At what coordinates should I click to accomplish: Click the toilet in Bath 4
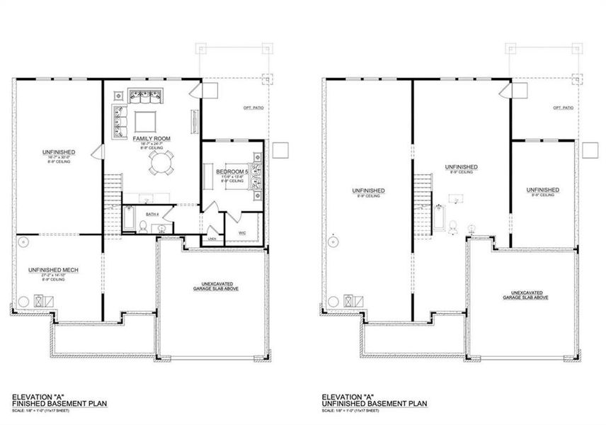(144, 226)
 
